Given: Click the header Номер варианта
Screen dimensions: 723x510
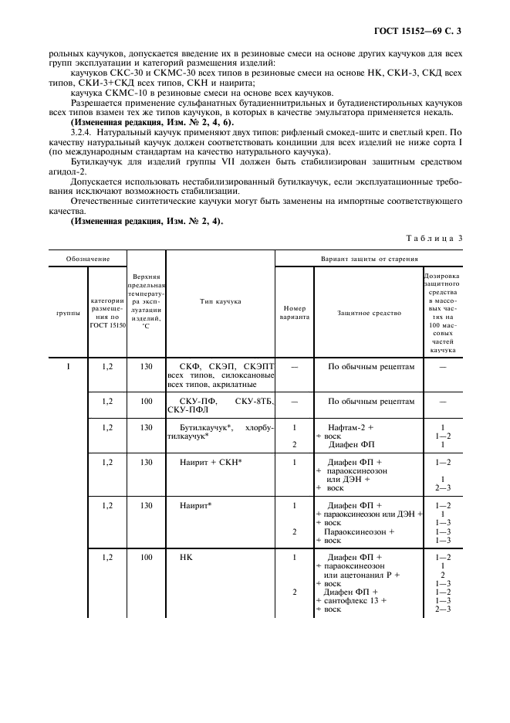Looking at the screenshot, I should pos(294,313).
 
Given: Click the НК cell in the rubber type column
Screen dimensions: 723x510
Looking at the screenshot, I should pos(185,556).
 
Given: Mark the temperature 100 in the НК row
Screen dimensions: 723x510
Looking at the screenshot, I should pos(146,556).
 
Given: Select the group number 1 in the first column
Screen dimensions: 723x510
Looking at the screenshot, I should pos(68,366).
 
